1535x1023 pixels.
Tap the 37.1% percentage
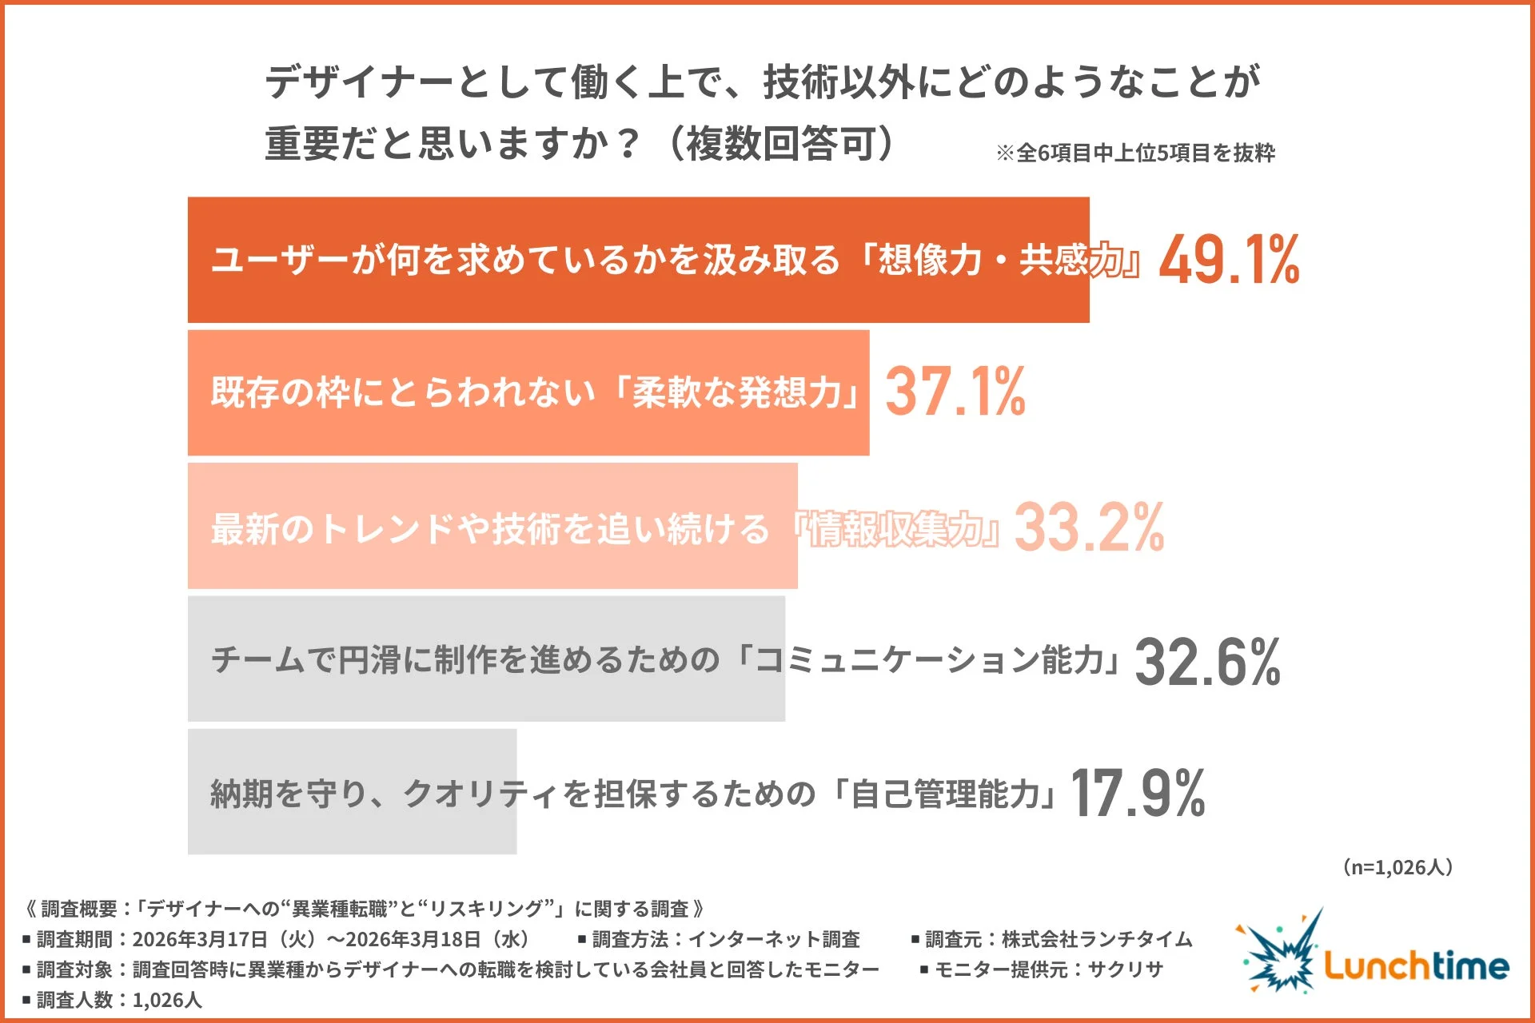[955, 392]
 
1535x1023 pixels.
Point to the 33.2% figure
[1089, 527]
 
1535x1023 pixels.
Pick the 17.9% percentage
[1137, 793]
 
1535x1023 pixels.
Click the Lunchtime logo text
[1416, 966]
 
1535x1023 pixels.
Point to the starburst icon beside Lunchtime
[1278, 953]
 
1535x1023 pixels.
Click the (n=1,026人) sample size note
[1397, 867]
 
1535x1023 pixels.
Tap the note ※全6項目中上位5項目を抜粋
[1135, 153]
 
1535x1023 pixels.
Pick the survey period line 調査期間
[276, 939]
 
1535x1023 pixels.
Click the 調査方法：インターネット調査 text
[720, 939]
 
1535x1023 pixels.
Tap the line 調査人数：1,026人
[113, 1000]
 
